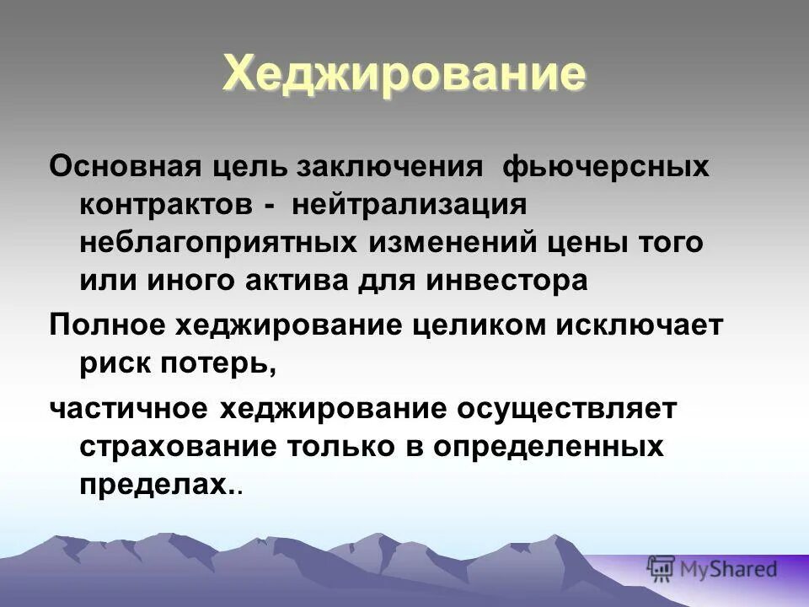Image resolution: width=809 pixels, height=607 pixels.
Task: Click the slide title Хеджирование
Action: (404, 73)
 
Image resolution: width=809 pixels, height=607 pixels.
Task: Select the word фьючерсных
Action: (593, 165)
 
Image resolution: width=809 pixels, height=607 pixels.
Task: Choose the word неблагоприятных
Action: (216, 243)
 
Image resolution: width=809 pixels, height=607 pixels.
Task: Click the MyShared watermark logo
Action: (713, 569)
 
